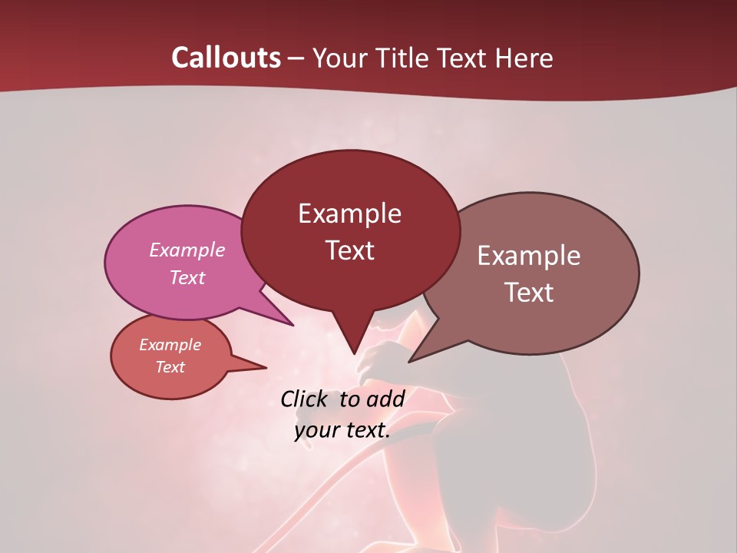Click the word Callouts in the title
[226, 58]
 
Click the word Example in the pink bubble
[187, 250]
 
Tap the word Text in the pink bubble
[187, 277]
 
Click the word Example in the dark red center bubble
[349, 214]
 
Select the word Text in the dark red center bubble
[349, 250]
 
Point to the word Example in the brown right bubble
[529, 256]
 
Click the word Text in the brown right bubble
[529, 293]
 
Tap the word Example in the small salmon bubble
[170, 345]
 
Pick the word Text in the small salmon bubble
[170, 367]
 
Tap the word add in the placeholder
[385, 399]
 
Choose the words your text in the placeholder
[342, 430]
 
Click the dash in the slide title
[297, 58]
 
